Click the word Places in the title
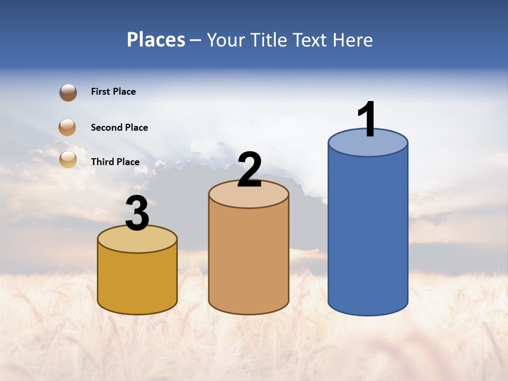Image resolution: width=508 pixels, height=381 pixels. [x=156, y=40]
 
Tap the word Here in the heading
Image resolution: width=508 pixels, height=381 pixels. [x=353, y=40]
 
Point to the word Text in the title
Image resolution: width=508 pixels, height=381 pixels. [x=313, y=40]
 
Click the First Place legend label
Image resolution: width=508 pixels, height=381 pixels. [x=113, y=92]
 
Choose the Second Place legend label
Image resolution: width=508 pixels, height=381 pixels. [x=119, y=128]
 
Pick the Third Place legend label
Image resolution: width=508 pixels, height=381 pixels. [x=115, y=162]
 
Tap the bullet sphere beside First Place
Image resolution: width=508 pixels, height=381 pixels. [x=68, y=93]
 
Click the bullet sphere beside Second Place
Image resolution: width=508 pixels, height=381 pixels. [x=68, y=128]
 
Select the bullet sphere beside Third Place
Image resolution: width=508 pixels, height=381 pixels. [x=68, y=159]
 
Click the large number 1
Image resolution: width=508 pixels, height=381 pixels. [x=367, y=120]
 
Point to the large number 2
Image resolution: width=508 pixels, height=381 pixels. [x=249, y=170]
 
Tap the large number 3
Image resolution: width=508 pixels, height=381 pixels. [x=138, y=214]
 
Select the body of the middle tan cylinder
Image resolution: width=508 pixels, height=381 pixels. [x=249, y=259]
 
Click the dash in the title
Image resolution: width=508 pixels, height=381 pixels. [x=196, y=40]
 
